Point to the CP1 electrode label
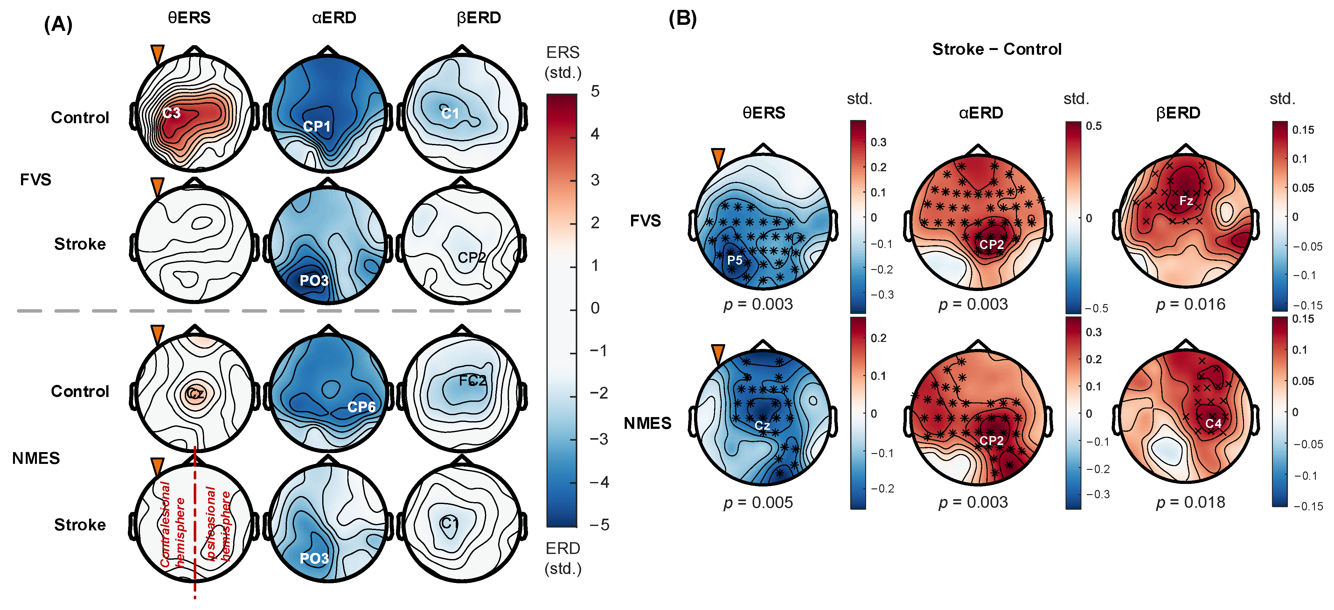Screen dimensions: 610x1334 pos(316,126)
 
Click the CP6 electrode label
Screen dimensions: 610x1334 pos(361,407)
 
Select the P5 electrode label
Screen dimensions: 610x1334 pos(734,260)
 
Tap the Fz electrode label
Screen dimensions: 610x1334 pos(1186,201)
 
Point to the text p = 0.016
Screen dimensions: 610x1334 pos(1191,304)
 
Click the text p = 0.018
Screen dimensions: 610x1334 pos(1191,502)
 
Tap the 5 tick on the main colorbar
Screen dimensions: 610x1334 pos(595,91)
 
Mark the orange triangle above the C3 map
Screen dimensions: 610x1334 pos(157,54)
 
